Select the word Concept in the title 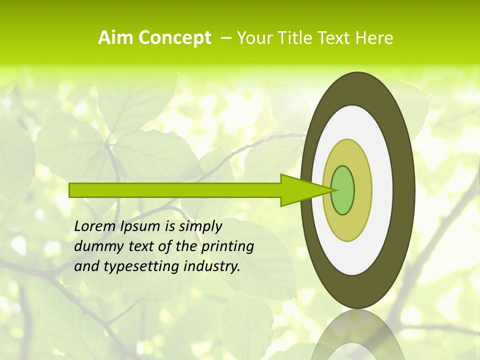tap(174, 38)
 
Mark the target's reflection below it tap(358, 337)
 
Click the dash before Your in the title tap(225, 38)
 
